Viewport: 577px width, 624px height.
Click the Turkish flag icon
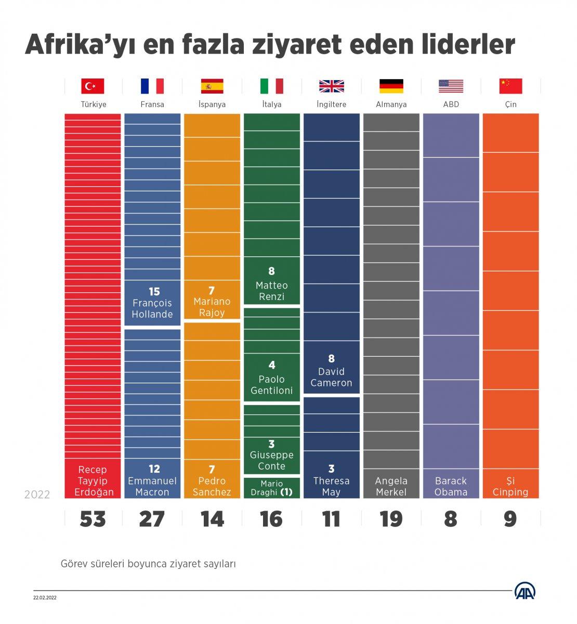point(93,86)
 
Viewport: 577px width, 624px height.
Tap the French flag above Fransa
point(152,86)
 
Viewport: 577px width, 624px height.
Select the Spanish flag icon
point(212,86)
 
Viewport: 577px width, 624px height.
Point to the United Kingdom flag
point(332,86)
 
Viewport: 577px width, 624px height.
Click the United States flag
point(451,86)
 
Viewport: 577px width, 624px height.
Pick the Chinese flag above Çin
point(510,86)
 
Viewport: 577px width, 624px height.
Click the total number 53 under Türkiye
point(93,519)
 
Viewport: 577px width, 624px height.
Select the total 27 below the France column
point(152,519)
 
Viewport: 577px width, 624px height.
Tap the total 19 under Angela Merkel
point(391,519)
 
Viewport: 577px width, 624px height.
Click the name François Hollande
point(152,308)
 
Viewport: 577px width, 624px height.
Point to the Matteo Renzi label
point(271,291)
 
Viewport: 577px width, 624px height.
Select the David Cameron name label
point(331,377)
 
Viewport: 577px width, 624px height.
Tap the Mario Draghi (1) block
point(271,488)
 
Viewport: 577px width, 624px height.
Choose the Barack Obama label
point(451,486)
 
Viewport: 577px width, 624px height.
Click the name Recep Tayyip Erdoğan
point(93,481)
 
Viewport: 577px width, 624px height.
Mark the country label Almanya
point(391,104)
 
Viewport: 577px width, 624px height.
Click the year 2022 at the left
point(37,494)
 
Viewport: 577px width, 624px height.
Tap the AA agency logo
point(526,591)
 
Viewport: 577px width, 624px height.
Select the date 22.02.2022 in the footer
point(45,597)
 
